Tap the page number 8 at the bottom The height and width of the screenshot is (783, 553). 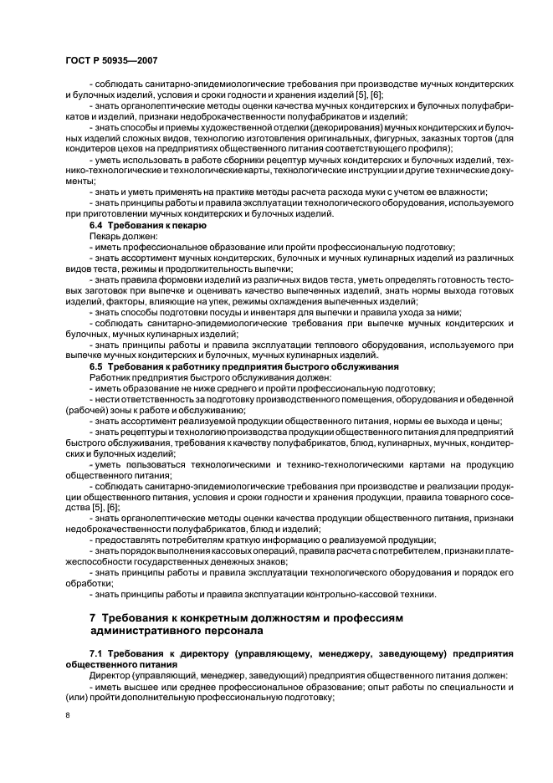(67, 715)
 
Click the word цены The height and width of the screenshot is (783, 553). (487, 422)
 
